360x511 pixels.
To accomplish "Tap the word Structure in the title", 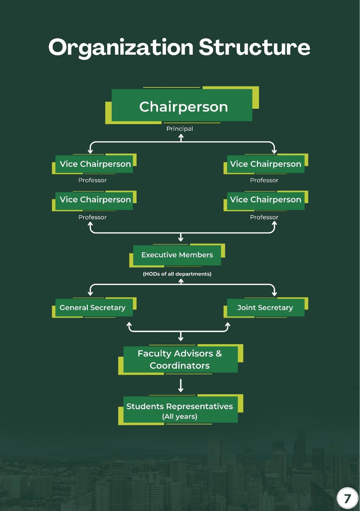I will (x=254, y=47).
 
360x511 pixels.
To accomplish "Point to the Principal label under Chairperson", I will (x=180, y=129).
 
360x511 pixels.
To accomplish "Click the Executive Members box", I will (x=177, y=255).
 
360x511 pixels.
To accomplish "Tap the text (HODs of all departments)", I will (x=177, y=274).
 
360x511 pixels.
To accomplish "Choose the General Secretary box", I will (x=93, y=308).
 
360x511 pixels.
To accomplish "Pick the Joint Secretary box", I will (x=265, y=308).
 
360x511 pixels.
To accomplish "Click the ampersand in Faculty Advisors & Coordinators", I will (x=218, y=354).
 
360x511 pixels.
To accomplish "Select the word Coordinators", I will (x=180, y=366).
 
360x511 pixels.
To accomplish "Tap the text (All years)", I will (x=180, y=416).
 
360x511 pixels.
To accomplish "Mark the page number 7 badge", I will (x=347, y=498).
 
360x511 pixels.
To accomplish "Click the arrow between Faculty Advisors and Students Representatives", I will (x=181, y=385).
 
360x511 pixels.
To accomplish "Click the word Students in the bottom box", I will (x=145, y=406).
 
